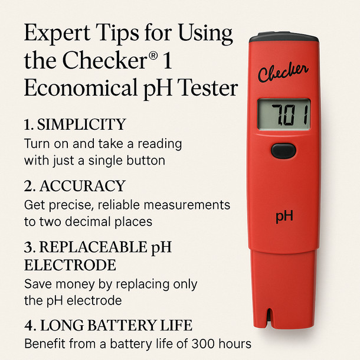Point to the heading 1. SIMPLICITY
pyautogui.click(x=75, y=125)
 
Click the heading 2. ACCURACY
pyautogui.click(x=74, y=186)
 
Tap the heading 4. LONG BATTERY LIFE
pyautogui.click(x=108, y=325)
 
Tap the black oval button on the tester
pyautogui.click(x=283, y=150)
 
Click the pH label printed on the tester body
pyautogui.click(x=284, y=216)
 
